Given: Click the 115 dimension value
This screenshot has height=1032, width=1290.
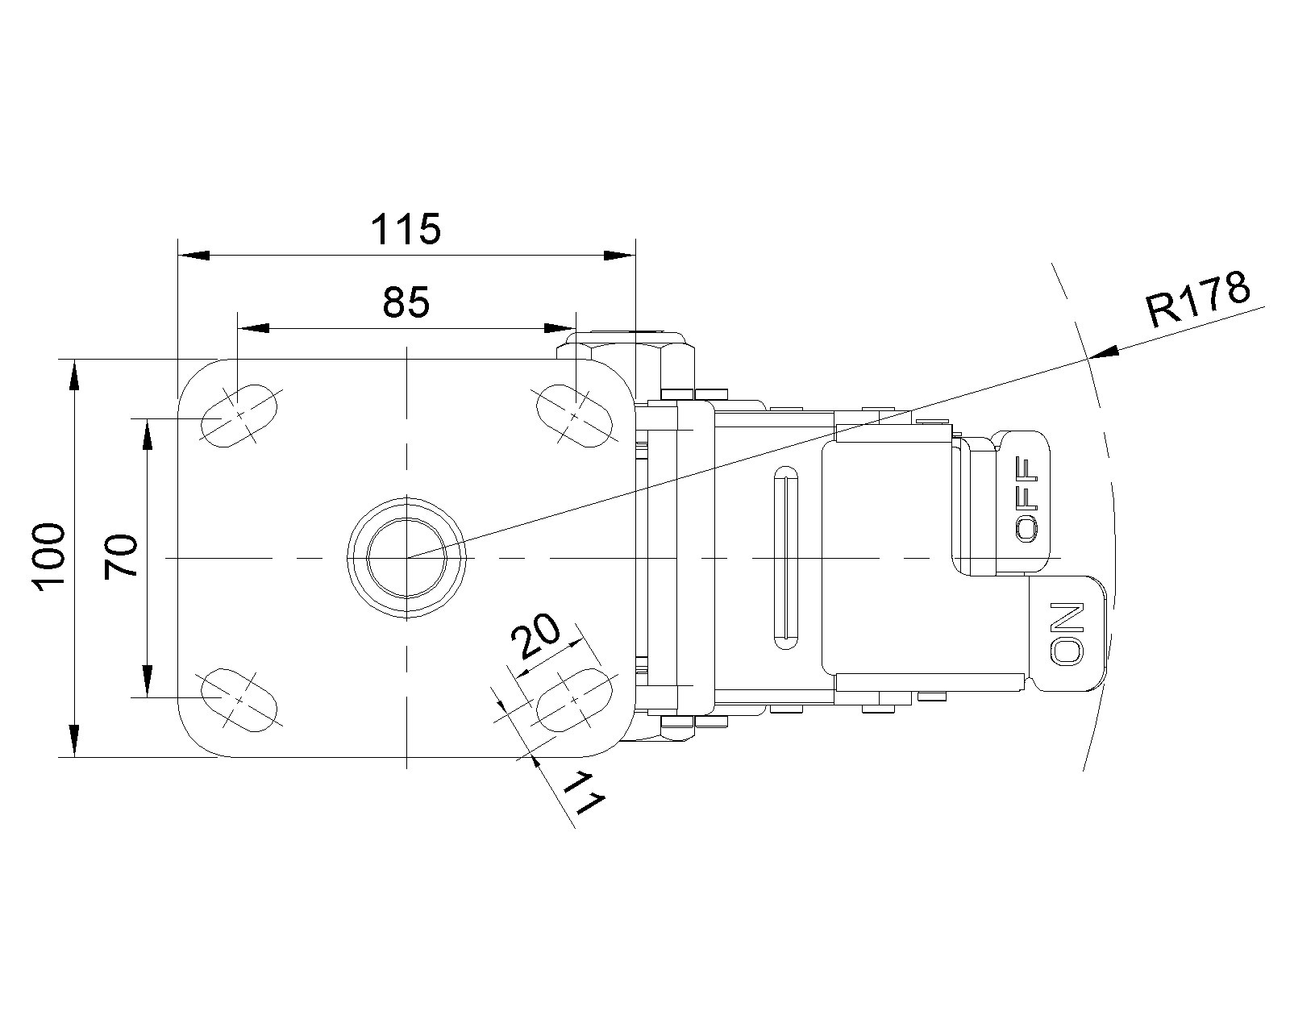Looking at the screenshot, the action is click(x=406, y=229).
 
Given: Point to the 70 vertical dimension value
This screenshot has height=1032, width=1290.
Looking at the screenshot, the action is click(x=120, y=556).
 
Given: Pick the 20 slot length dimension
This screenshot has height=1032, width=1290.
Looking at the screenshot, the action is click(x=535, y=635).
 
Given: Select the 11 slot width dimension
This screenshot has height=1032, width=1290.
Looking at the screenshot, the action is click(x=585, y=794).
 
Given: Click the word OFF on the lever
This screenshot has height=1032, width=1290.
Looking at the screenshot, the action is click(x=1026, y=499).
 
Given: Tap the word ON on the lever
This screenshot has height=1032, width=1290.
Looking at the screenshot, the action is click(x=1067, y=634).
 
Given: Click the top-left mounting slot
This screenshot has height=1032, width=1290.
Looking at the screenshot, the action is click(x=239, y=415).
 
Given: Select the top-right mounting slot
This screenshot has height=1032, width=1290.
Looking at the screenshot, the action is click(x=574, y=415).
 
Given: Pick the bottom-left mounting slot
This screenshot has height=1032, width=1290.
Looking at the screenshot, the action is click(x=239, y=700).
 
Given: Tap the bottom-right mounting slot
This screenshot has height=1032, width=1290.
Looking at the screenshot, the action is click(x=574, y=700).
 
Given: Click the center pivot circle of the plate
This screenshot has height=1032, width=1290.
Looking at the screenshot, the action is click(x=407, y=558).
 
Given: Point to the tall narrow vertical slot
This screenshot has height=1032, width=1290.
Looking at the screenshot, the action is click(x=786, y=557).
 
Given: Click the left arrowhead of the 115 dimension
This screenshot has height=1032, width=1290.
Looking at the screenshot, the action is click(x=193, y=256).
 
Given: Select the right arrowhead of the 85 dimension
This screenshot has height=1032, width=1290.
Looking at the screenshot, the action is click(x=560, y=328).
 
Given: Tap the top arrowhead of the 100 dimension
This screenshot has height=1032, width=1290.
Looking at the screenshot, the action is click(x=74, y=375).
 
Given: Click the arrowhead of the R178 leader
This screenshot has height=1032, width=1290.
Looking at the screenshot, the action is click(x=1104, y=353).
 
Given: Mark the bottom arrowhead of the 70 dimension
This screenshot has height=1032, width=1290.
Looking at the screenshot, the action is click(x=148, y=681).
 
